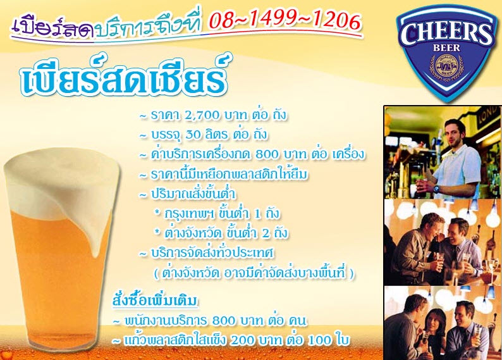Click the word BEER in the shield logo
click(x=446, y=48)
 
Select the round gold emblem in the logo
click(x=446, y=65)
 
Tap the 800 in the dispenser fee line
click(x=267, y=154)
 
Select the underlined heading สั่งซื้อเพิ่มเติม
click(x=155, y=301)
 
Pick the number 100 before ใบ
click(x=319, y=340)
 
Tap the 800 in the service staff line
click(x=223, y=321)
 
